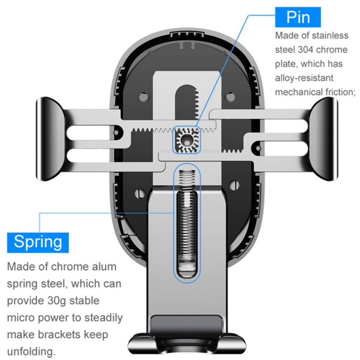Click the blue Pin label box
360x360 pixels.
298,17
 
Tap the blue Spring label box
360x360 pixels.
38,243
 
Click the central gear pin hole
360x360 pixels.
186,140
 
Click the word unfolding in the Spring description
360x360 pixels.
32,351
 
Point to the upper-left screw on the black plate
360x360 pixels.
144,96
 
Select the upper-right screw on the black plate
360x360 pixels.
229,96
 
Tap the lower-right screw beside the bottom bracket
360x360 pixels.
234,185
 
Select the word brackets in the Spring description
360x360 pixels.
59,334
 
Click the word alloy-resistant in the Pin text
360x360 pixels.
304,78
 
